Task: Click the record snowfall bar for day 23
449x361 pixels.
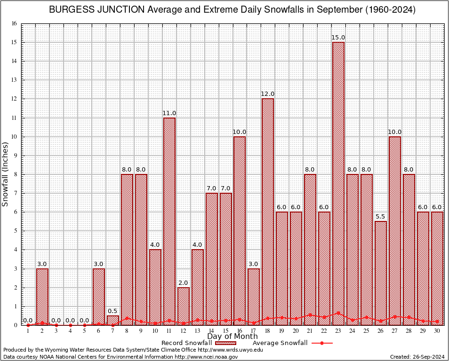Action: click(338, 183)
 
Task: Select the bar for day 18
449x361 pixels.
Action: click(268, 212)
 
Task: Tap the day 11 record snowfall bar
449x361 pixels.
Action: click(169, 221)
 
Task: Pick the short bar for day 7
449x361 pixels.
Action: click(113, 320)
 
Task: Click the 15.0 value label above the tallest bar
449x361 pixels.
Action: click(338, 38)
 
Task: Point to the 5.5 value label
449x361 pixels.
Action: click(381, 217)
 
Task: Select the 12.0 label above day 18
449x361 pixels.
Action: click(268, 94)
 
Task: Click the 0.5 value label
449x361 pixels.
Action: click(113, 311)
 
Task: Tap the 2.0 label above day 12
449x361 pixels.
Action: click(183, 283)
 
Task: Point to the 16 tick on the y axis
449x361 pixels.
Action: click(15, 24)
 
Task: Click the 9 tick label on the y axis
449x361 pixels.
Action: click(15, 156)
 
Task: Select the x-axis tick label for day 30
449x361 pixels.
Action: click(437, 330)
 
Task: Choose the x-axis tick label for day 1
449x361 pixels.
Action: click(28, 330)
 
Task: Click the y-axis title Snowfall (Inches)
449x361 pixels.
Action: click(6, 174)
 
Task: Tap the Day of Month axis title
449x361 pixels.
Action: click(232, 337)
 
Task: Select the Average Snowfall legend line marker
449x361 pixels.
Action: click(321, 343)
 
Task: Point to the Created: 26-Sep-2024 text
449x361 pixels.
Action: click(417, 357)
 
